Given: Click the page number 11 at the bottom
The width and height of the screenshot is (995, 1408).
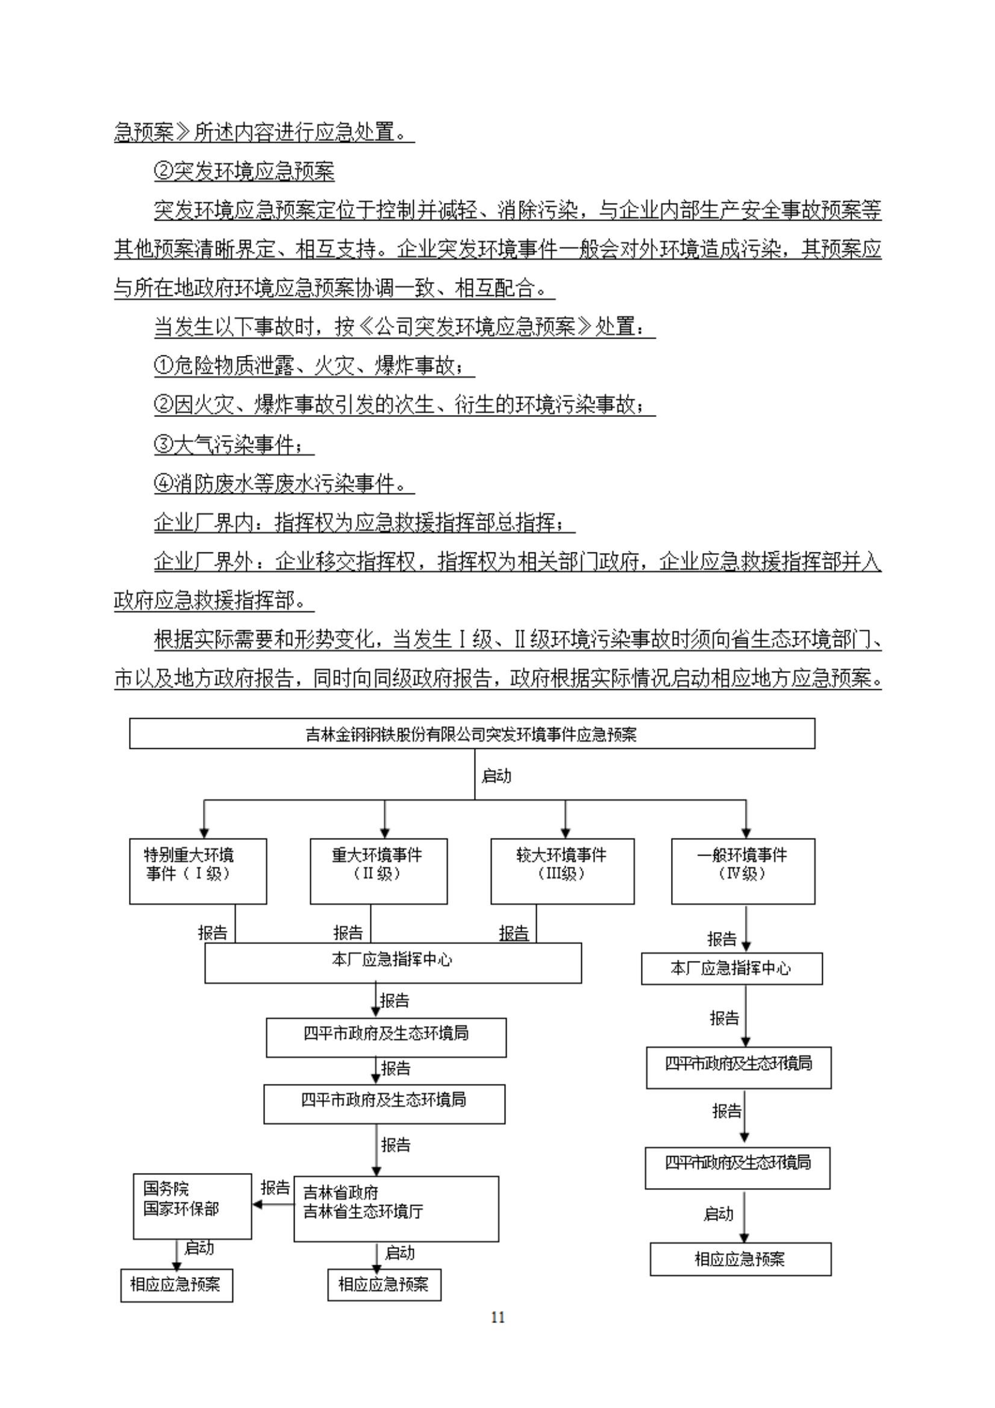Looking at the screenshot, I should (x=497, y=1317).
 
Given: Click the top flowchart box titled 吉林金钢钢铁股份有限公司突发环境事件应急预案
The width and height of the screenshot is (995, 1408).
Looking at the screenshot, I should (x=472, y=733).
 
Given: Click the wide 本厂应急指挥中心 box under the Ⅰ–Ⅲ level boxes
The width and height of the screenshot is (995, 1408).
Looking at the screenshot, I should (x=392, y=963).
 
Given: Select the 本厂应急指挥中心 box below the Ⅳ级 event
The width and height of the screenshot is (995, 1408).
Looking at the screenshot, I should (x=731, y=968).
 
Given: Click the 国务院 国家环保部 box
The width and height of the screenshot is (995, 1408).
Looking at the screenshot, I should (x=192, y=1206).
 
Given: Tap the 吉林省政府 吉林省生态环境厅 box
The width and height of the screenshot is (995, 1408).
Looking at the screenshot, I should (x=396, y=1209).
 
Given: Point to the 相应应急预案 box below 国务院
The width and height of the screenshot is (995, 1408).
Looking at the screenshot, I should (x=176, y=1284).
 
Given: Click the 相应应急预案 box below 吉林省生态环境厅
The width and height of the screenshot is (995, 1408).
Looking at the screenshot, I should (x=384, y=1284).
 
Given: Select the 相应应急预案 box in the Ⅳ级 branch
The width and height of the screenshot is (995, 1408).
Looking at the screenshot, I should (x=740, y=1259).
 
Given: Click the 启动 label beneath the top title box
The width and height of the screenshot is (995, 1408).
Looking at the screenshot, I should (x=496, y=776).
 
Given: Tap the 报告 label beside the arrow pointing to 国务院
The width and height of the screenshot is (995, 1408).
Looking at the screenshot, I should (x=275, y=1188).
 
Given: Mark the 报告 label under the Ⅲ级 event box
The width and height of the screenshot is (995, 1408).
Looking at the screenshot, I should (x=514, y=933).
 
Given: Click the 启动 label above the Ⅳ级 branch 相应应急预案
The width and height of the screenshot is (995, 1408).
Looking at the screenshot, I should (x=719, y=1214).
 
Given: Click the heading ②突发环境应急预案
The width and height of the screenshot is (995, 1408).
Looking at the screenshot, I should (x=244, y=172).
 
